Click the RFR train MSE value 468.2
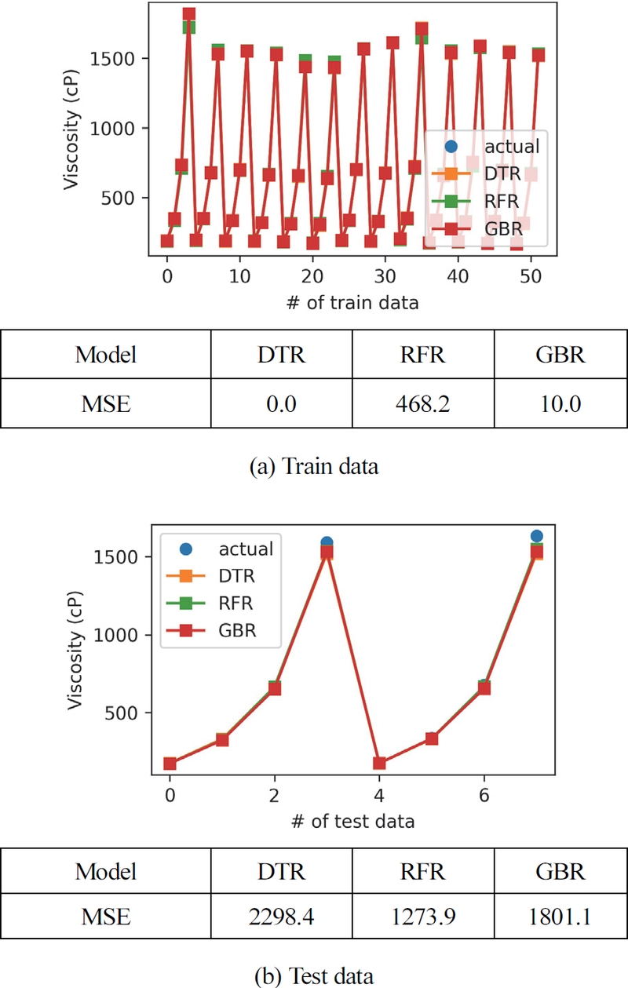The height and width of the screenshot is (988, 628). tap(422, 405)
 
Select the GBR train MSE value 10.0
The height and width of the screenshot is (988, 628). tap(560, 405)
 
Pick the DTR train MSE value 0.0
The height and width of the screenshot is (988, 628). tap(281, 405)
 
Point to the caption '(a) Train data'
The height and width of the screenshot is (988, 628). tap(313, 467)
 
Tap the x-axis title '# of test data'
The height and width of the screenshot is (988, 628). tap(350, 822)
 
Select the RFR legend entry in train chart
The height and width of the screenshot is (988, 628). tap(501, 200)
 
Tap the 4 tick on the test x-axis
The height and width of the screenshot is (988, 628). tap(380, 795)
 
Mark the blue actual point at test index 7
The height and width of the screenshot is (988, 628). tap(536, 537)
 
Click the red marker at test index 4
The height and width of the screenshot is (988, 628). tap(380, 764)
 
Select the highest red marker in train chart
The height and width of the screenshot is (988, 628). tap(189, 14)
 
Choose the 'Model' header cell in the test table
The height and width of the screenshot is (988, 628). tap(105, 871)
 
